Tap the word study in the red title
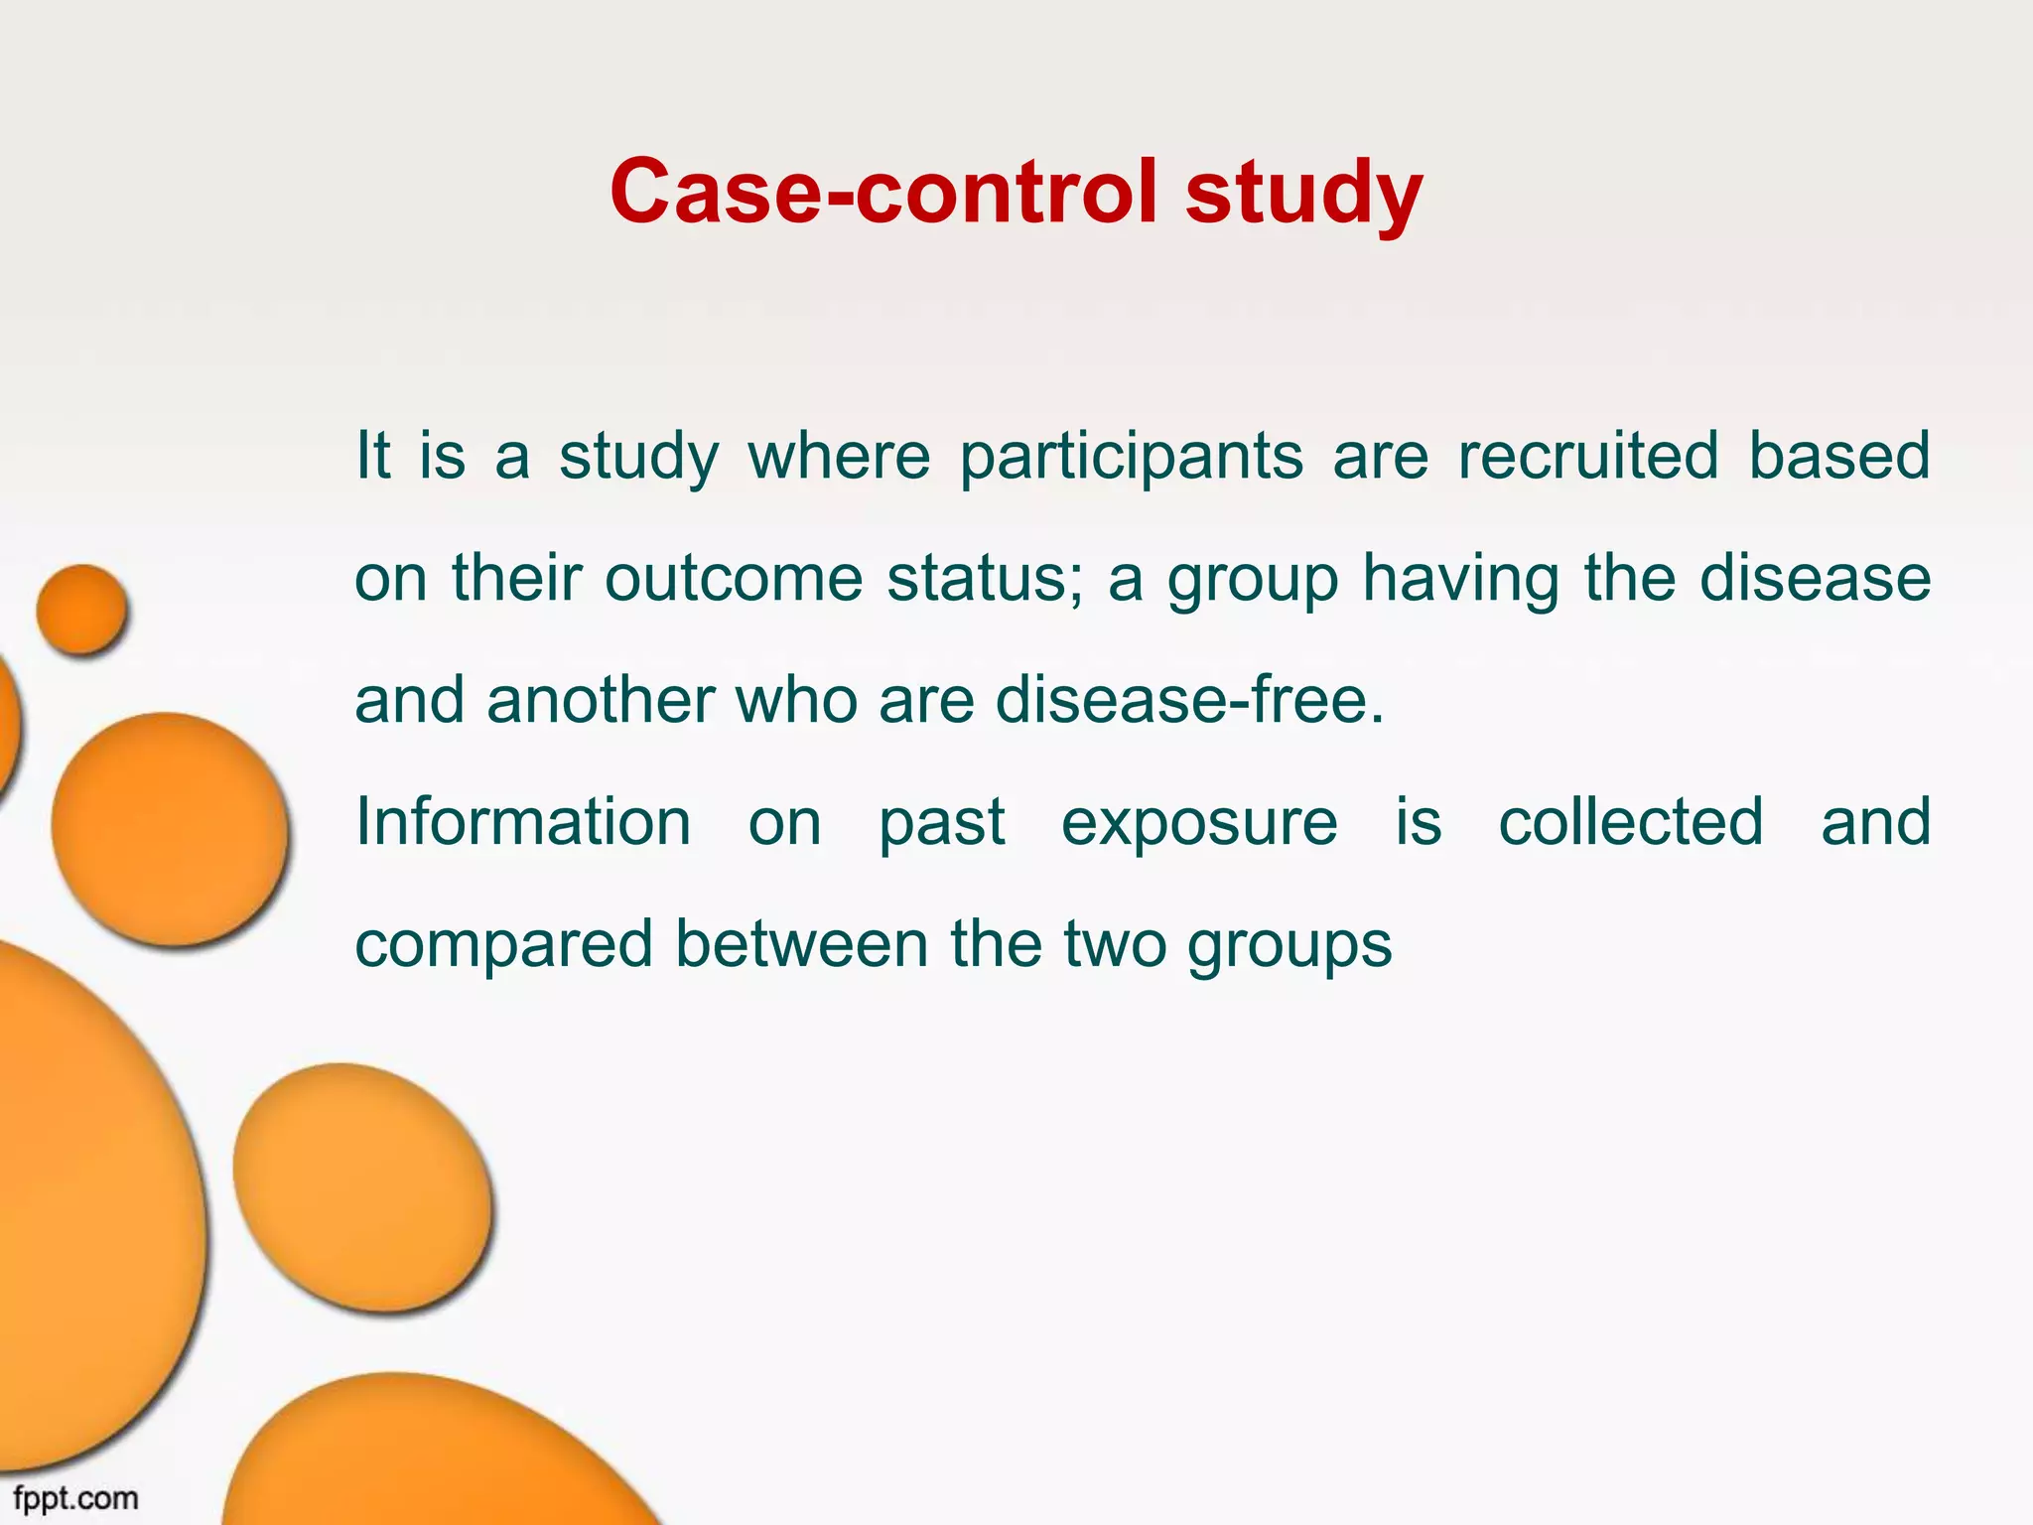point(1304,191)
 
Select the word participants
point(1131,457)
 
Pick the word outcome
point(734,578)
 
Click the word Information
point(523,822)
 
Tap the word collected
point(1631,822)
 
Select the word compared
point(503,945)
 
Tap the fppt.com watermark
point(75,1498)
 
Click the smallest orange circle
point(82,610)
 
